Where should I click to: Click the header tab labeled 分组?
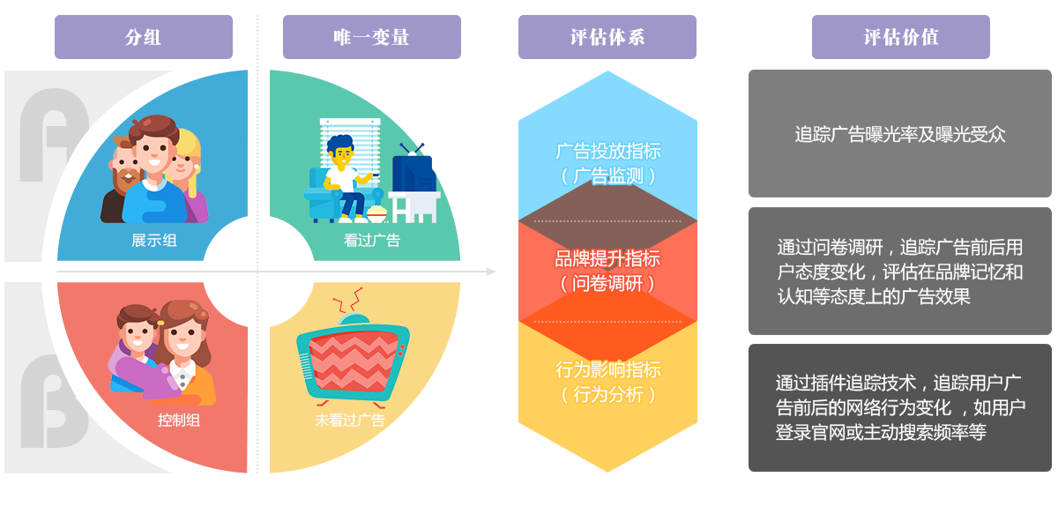143,37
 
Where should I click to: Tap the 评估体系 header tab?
607,37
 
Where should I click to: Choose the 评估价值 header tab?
900,37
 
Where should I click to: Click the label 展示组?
153,240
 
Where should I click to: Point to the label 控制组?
179,420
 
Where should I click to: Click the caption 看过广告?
371,240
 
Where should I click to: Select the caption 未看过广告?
350,420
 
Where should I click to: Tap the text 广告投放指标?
607,151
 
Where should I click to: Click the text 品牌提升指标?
607,259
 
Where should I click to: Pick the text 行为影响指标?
607,369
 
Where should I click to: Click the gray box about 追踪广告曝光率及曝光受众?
899,134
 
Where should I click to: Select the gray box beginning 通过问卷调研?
899,272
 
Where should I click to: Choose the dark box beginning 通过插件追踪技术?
899,407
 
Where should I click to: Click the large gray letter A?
53,132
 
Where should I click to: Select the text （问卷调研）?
607,284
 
